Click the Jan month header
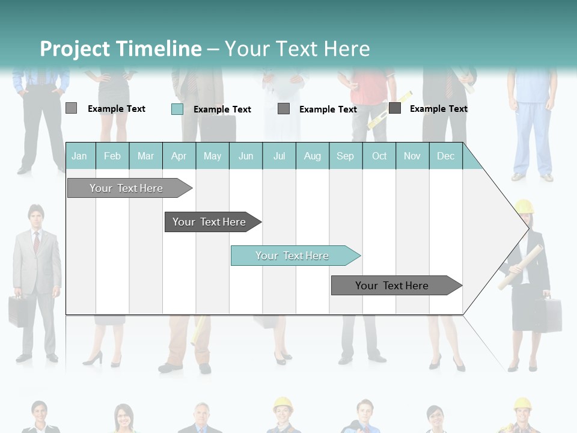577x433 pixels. click(x=79, y=156)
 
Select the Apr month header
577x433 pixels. click(x=179, y=156)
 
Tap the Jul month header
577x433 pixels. click(x=279, y=156)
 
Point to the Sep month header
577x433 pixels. click(x=345, y=156)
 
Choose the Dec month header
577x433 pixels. click(x=445, y=156)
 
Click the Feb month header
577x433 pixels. click(x=112, y=156)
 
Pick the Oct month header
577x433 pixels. click(x=379, y=156)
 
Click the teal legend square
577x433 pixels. click(x=177, y=109)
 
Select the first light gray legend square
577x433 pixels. click(x=71, y=108)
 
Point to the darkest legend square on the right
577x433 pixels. click(x=394, y=108)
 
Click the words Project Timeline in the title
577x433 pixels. click(x=120, y=49)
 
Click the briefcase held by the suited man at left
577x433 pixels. click(x=18, y=310)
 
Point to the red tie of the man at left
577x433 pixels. click(x=36, y=242)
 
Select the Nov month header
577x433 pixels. click(x=412, y=156)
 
